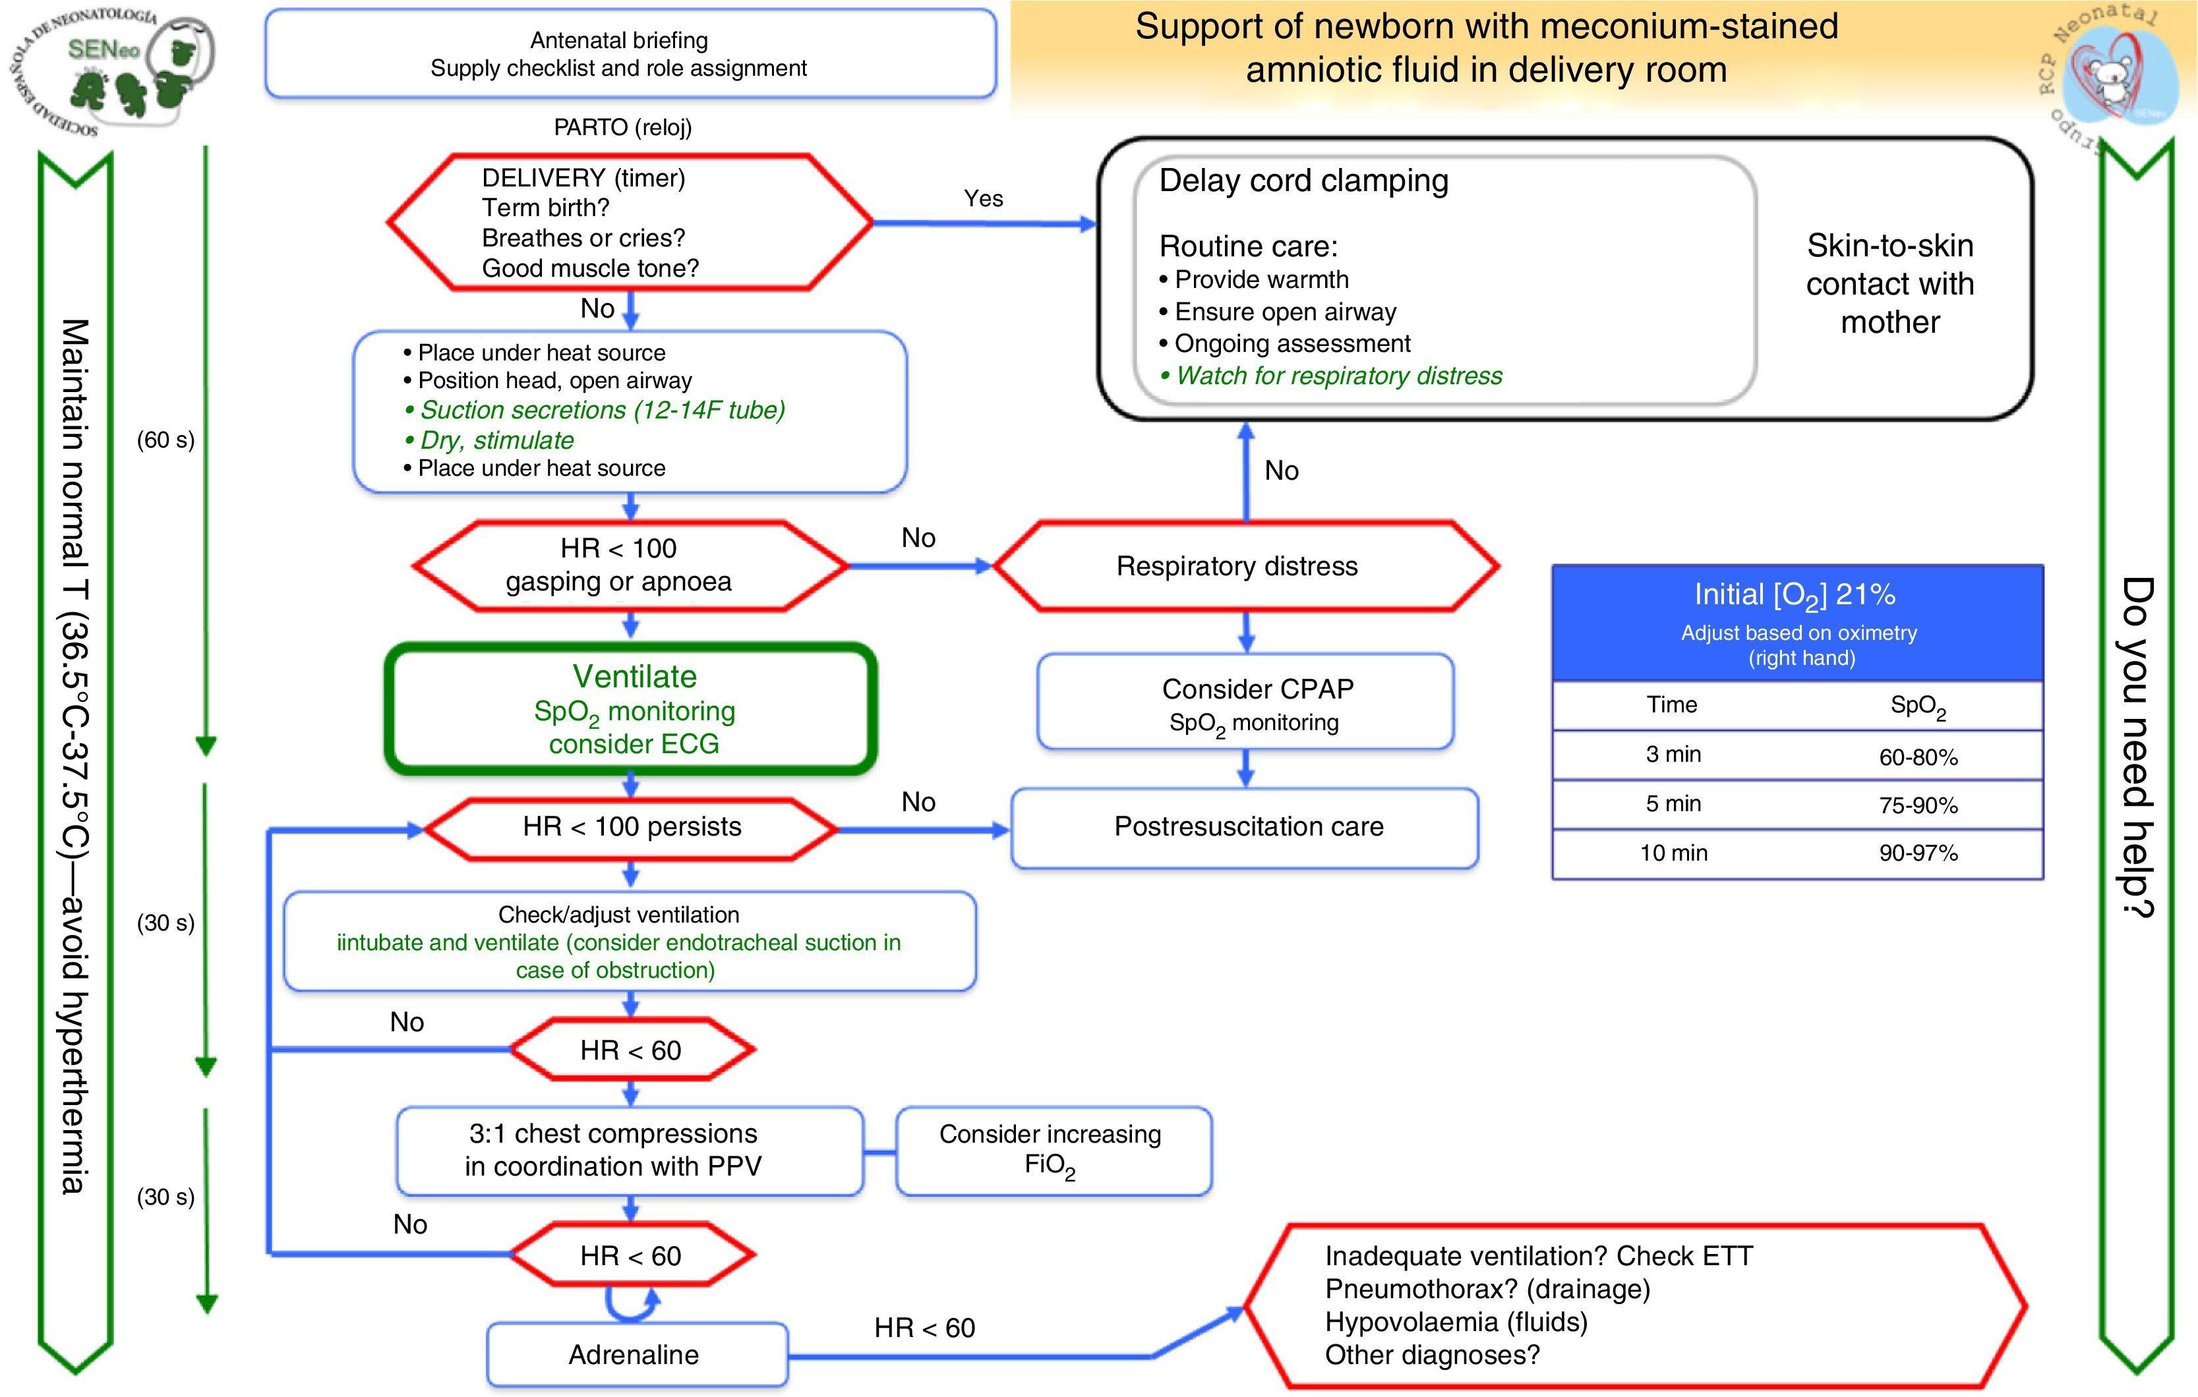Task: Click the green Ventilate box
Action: (x=631, y=709)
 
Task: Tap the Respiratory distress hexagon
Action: (x=1245, y=566)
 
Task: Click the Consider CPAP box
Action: (x=1245, y=702)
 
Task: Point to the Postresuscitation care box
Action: (x=1245, y=828)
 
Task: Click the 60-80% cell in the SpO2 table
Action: (x=1918, y=757)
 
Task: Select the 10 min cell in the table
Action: (x=1673, y=853)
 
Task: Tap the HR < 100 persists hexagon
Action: (x=631, y=828)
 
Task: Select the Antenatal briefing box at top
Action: (x=630, y=54)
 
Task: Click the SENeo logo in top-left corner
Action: (x=114, y=71)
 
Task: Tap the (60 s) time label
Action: (x=165, y=440)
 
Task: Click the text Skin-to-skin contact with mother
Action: (x=1889, y=284)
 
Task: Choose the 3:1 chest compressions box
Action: (x=630, y=1151)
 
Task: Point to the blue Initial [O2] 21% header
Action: (x=1797, y=622)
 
